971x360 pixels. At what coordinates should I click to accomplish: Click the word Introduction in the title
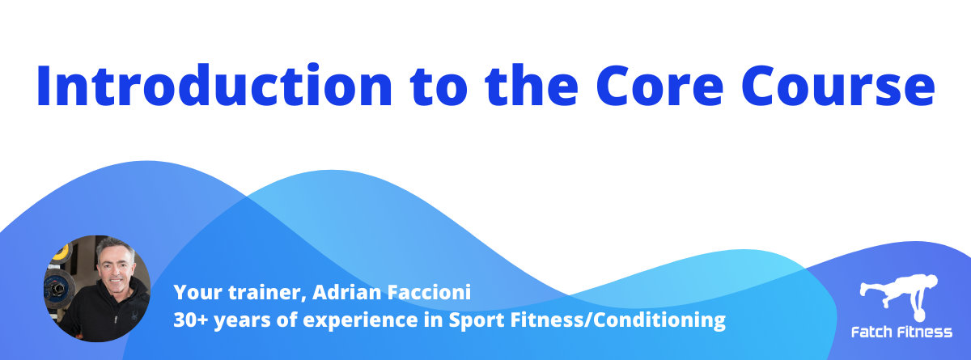(214, 85)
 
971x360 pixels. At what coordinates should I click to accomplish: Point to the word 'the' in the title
(532, 84)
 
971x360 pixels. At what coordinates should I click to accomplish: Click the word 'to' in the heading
(439, 87)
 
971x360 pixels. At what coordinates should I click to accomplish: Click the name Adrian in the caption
(347, 292)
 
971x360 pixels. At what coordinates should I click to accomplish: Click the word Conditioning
(659, 320)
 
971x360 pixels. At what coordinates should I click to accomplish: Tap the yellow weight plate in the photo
(61, 253)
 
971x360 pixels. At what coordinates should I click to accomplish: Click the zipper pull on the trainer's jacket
(116, 320)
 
